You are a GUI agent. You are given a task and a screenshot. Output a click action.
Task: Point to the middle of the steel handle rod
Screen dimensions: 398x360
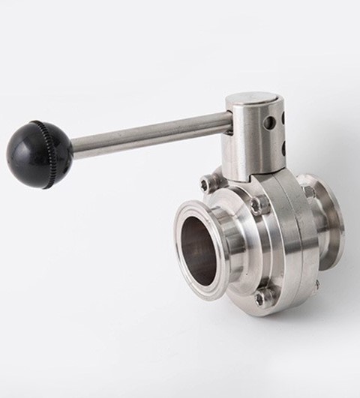tap(150, 134)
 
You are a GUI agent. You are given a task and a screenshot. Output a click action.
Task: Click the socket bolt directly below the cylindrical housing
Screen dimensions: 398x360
tap(257, 204)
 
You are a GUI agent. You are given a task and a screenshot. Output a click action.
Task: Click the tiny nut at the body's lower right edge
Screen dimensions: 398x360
tap(316, 284)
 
